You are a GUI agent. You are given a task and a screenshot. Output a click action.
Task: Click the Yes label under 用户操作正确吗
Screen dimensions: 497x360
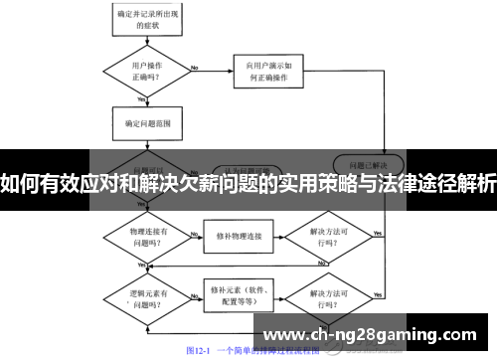pyautogui.click(x=142, y=99)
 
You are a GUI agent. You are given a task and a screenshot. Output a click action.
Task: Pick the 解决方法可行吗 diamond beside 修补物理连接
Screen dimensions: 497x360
pyautogui.click(x=328, y=237)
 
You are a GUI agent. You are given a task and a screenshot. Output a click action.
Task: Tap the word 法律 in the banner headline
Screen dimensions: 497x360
pyautogui.click(x=395, y=182)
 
